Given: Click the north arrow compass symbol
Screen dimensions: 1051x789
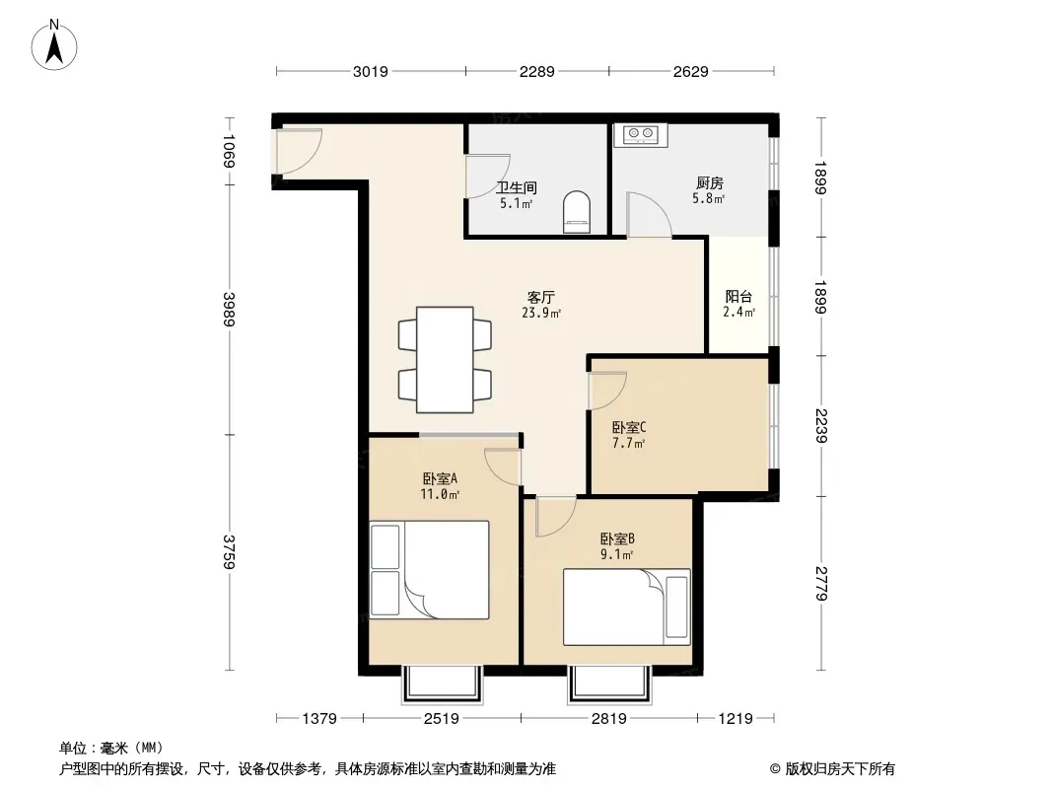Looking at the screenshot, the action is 54,45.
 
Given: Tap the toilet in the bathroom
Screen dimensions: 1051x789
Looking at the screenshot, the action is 577,212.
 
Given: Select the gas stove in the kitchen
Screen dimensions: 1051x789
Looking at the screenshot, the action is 640,135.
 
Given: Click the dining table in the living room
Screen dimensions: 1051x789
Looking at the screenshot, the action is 445,360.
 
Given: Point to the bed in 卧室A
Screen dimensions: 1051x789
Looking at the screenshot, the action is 429,570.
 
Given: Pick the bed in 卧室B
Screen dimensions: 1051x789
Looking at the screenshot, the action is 627,608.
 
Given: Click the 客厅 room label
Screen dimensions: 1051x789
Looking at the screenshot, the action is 540,297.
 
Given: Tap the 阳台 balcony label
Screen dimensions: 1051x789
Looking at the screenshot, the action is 738,296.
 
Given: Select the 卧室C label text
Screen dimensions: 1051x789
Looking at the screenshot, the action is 629,427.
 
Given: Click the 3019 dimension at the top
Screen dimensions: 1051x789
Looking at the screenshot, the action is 371,71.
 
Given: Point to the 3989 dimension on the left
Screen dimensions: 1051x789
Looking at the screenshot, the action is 230,309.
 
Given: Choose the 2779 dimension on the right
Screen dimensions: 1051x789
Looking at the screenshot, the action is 821,583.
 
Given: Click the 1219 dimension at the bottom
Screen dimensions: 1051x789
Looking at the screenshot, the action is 736,719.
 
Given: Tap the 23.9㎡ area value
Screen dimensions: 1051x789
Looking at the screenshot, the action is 541,313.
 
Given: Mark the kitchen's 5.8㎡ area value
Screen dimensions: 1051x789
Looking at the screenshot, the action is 709,198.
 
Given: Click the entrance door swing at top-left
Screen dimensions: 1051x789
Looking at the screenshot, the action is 299,151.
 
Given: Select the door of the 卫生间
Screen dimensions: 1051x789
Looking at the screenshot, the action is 489,177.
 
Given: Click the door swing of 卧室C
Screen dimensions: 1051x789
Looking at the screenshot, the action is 607,391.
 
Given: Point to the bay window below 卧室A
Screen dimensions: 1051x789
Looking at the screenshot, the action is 443,684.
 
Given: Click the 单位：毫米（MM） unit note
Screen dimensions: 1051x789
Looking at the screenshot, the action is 111,748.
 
